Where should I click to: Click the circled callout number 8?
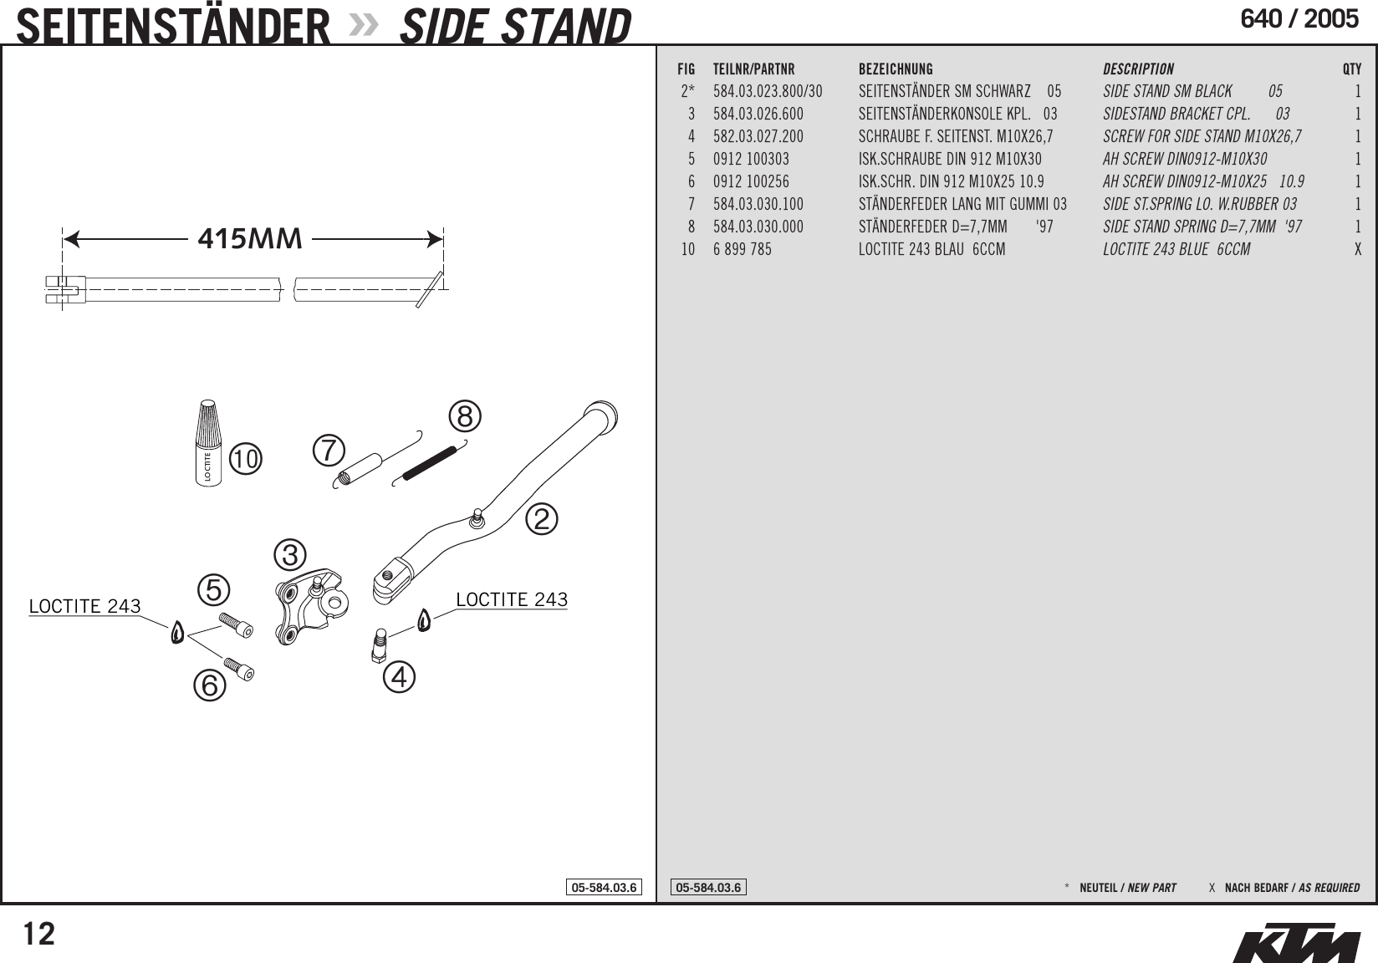(465, 416)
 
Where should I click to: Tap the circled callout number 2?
(541, 519)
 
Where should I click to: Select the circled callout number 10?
(247, 459)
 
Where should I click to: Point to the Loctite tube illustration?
(209, 442)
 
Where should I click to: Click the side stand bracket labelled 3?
(309, 606)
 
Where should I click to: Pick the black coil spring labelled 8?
(430, 463)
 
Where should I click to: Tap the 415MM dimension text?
(250, 239)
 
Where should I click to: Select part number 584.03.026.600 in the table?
(758, 114)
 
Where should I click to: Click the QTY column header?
(1351, 69)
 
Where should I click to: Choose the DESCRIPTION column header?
(1138, 69)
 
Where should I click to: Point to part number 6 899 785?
(743, 249)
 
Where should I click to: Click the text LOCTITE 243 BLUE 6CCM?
(1176, 249)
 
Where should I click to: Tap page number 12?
(38, 933)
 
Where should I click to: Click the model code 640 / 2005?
(1299, 19)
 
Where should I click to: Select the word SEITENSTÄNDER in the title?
(174, 26)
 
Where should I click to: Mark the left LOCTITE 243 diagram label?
(84, 606)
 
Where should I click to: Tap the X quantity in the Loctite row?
(1357, 249)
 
